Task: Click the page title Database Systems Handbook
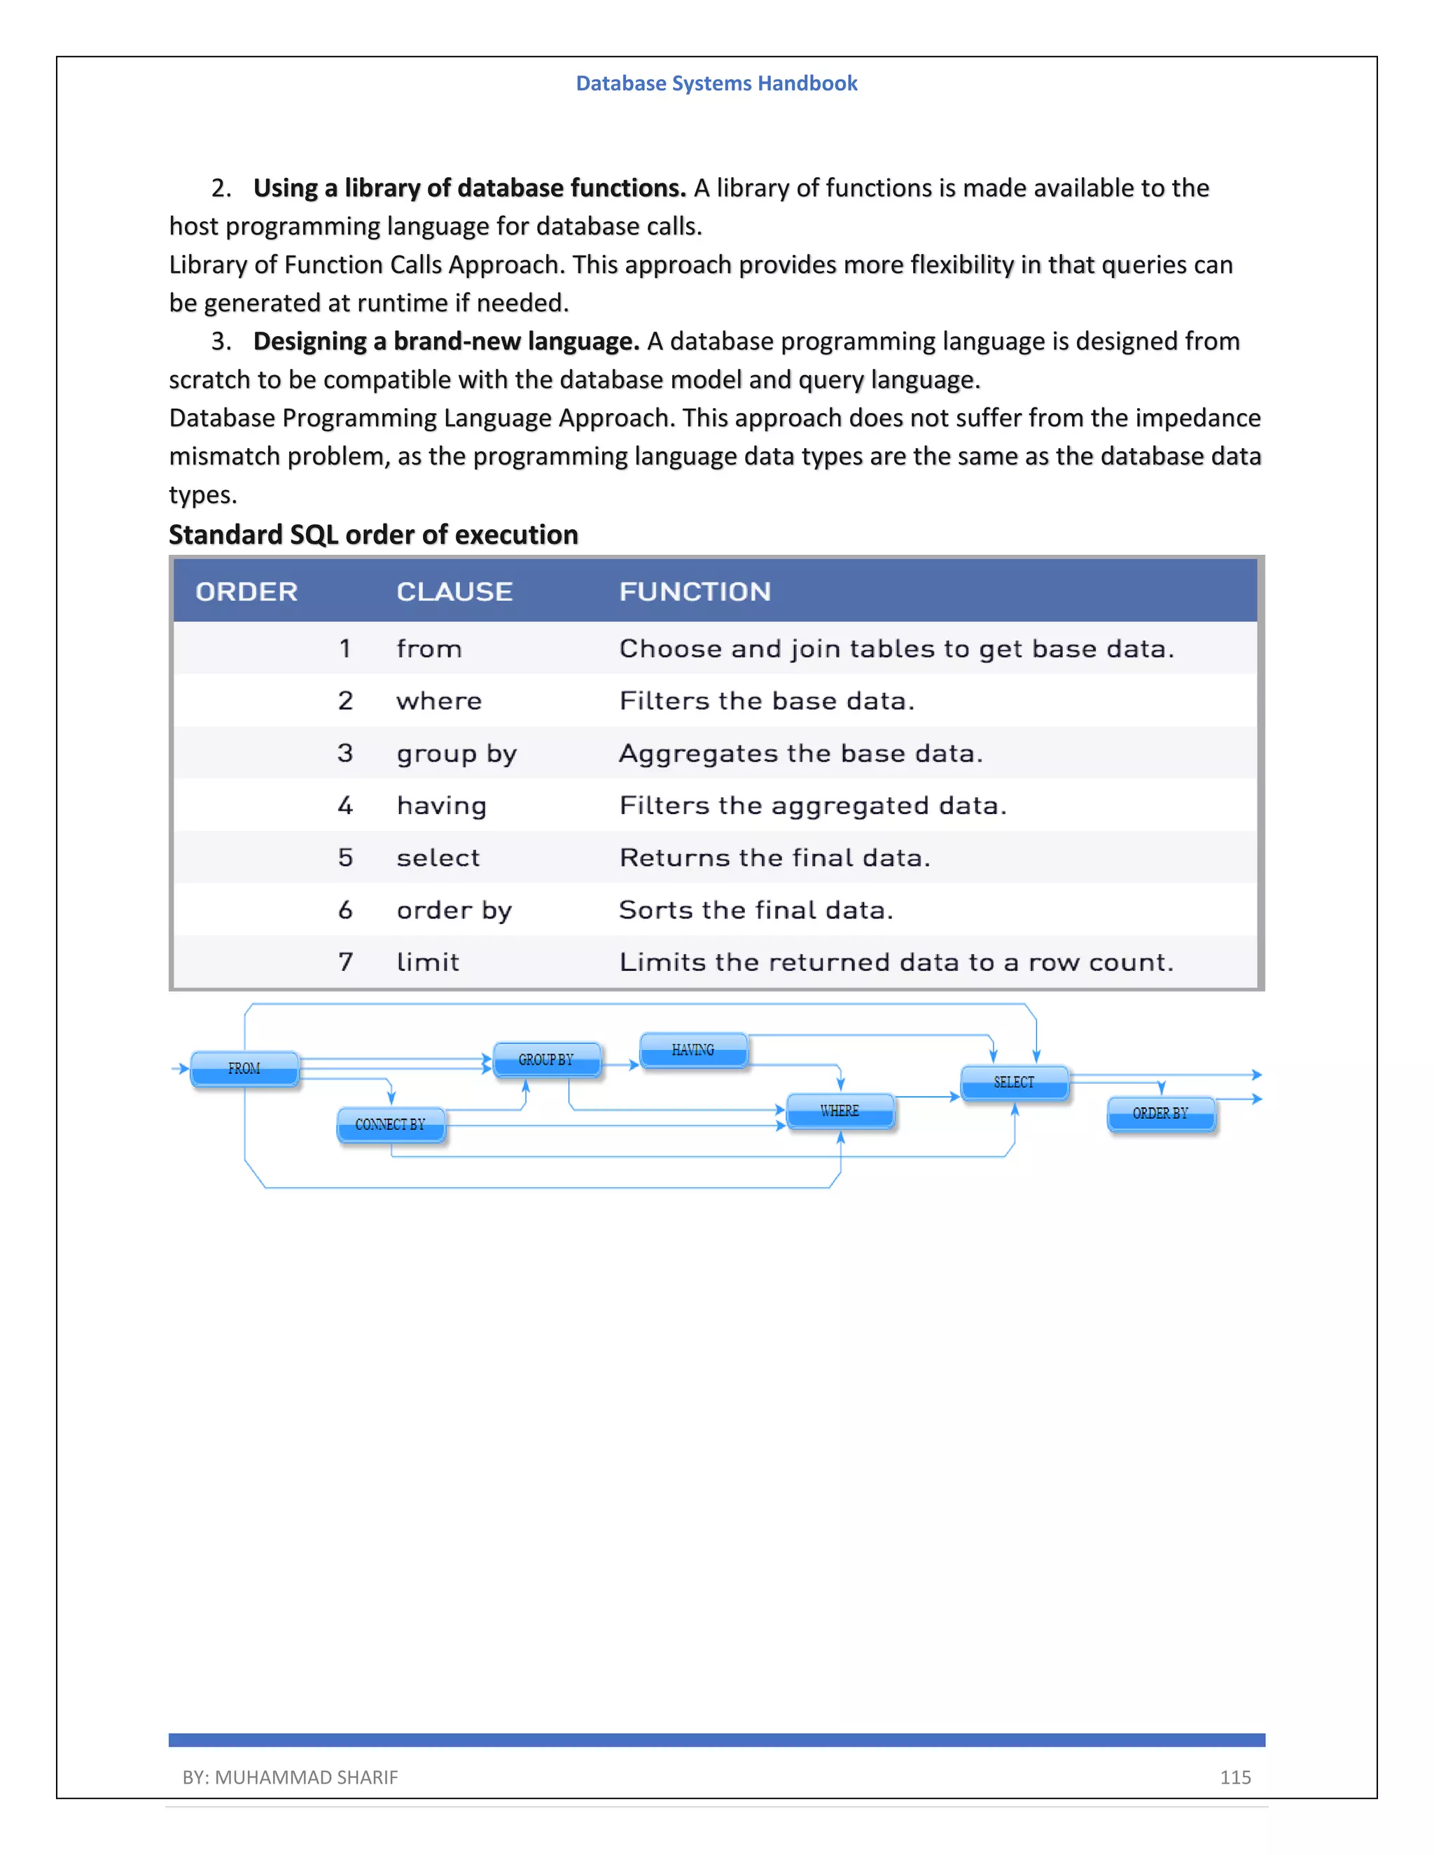tap(716, 83)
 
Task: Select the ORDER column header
tap(246, 591)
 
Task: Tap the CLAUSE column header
tap(454, 591)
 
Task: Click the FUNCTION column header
tap(695, 591)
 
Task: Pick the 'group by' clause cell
tap(457, 753)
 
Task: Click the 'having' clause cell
tap(442, 805)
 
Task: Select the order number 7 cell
tap(345, 962)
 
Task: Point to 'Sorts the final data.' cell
tap(756, 910)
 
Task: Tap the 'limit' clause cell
tap(427, 962)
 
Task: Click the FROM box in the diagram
tap(244, 1068)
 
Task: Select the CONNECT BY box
tap(391, 1125)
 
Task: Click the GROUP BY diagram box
tap(547, 1059)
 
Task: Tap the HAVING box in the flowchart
tap(693, 1050)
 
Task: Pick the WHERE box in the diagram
tap(840, 1111)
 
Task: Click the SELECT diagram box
tap(1015, 1082)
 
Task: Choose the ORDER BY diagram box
tap(1160, 1114)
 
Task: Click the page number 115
tap(1235, 1777)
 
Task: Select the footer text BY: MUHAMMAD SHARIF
tap(290, 1777)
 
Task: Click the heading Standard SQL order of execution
tap(373, 534)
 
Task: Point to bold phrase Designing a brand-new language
tap(446, 341)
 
